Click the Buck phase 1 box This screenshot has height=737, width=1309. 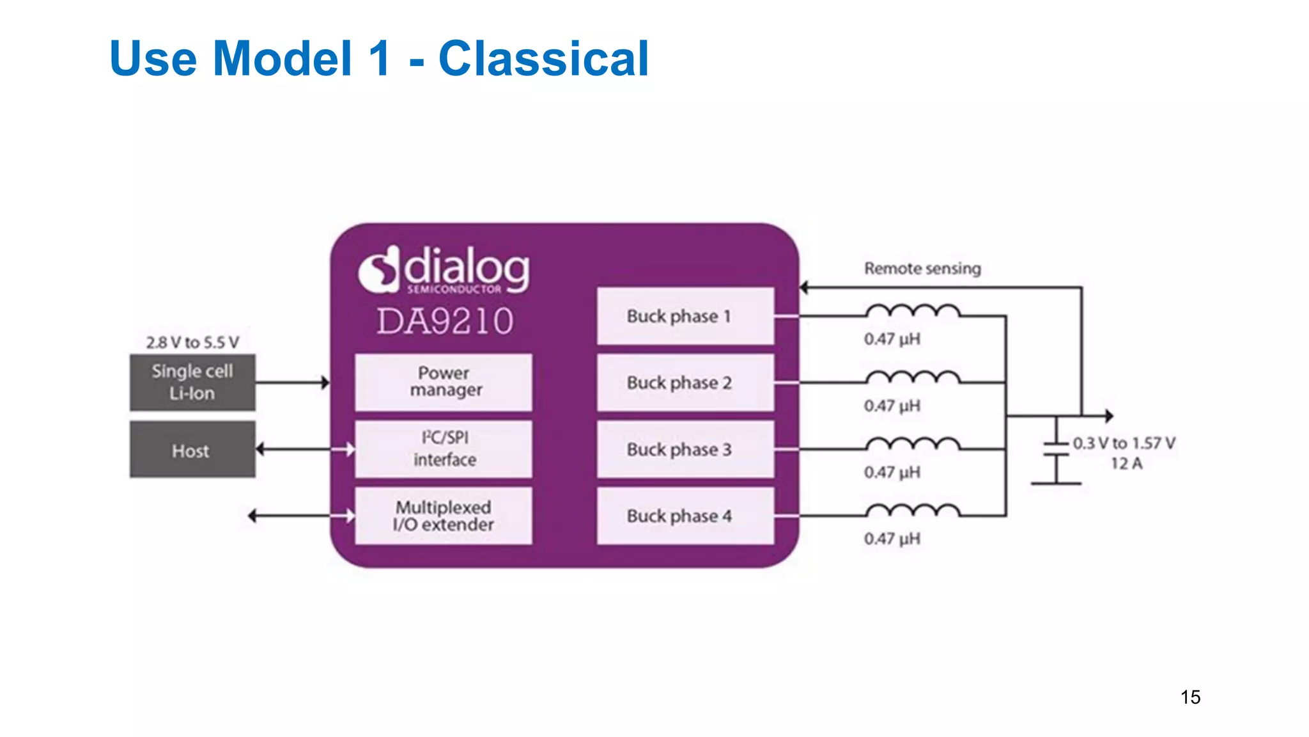(x=685, y=316)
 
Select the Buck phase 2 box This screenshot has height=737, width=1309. (x=685, y=383)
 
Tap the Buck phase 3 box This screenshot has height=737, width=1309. (x=685, y=449)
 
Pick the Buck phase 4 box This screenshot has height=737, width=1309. (x=685, y=516)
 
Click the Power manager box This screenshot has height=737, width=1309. (x=444, y=382)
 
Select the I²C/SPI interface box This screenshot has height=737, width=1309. (x=444, y=448)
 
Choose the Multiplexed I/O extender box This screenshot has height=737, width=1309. (x=444, y=516)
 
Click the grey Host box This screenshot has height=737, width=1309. (x=192, y=450)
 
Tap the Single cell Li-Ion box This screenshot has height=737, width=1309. (x=192, y=382)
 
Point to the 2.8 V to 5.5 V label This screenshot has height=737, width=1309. (x=192, y=343)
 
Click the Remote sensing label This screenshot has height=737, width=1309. (x=922, y=269)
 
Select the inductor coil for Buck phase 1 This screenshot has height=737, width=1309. (x=913, y=312)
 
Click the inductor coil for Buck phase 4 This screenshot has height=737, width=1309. (x=913, y=511)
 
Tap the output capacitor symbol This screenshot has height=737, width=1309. (x=1056, y=449)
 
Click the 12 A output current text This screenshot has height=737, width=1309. (x=1126, y=464)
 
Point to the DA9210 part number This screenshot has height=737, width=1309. (x=445, y=321)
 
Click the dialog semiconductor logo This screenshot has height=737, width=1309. (x=444, y=271)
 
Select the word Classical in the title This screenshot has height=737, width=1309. (x=543, y=59)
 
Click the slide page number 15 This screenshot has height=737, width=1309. (x=1190, y=697)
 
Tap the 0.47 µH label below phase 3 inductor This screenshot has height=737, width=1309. (x=892, y=473)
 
